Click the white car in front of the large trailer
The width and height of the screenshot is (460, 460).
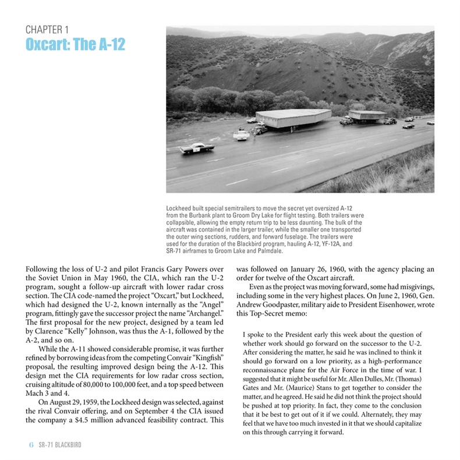241,135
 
